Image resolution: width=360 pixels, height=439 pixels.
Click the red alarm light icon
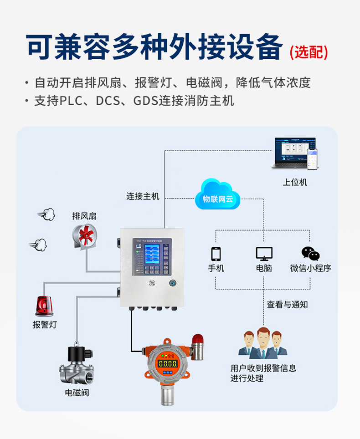[44, 306]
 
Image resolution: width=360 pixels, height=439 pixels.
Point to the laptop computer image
[292, 154]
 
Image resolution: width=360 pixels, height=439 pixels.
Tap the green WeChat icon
[310, 254]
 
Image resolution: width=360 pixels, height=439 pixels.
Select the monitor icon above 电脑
[264, 254]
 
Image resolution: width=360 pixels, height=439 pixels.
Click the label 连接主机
[143, 196]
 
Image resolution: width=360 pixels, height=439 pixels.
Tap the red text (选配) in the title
[309, 52]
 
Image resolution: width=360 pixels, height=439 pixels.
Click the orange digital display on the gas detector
[167, 363]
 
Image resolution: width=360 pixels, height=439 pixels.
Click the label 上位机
[295, 182]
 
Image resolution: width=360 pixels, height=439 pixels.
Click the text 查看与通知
[287, 305]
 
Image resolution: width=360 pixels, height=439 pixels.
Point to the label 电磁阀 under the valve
[77, 393]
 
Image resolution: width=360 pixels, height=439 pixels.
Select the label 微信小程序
[310, 268]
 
